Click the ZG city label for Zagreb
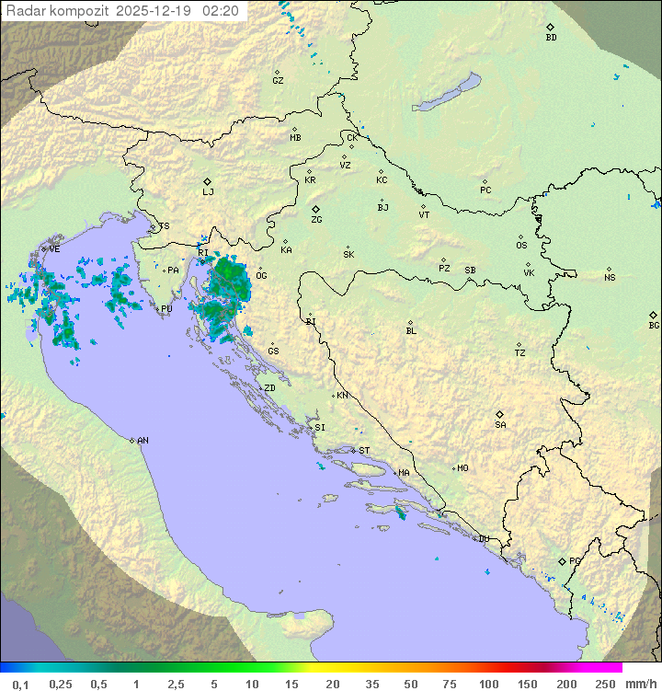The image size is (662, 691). click(316, 220)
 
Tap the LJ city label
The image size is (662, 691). click(208, 192)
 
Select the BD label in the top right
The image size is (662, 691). click(551, 38)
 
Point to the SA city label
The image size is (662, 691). click(500, 424)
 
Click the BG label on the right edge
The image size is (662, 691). click(654, 325)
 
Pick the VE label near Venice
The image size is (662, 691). click(54, 249)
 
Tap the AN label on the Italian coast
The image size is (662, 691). click(143, 441)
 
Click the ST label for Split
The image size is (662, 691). click(364, 451)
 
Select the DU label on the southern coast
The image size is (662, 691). click(483, 539)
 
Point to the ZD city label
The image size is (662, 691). click(269, 388)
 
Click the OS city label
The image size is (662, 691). click(521, 246)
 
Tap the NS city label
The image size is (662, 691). click(610, 278)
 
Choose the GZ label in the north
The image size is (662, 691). click(278, 81)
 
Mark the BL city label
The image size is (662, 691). click(411, 331)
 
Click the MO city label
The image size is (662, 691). click(462, 468)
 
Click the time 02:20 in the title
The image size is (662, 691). click(222, 11)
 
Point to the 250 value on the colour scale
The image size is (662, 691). click(605, 684)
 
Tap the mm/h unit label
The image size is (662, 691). click(638, 684)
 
